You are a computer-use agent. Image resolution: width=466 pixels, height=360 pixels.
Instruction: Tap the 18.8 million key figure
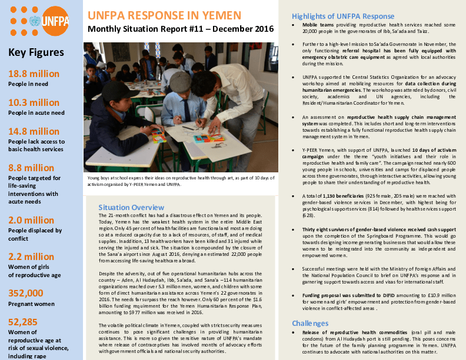tap(34, 74)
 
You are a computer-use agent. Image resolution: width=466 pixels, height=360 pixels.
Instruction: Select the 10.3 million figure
tap(34, 103)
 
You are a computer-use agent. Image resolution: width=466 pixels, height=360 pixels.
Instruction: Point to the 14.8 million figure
tap(34, 131)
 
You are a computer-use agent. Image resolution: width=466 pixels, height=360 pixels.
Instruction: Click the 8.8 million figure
tap(31, 168)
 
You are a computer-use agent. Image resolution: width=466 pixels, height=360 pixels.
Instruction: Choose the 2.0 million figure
tap(31, 220)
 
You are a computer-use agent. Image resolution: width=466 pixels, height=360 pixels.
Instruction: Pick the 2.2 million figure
tap(31, 256)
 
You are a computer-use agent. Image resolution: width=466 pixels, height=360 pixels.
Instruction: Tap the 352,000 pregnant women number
tap(26, 293)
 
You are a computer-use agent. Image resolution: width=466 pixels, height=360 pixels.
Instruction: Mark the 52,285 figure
tap(24, 322)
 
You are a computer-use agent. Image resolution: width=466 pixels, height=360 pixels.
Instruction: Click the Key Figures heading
tap(36, 52)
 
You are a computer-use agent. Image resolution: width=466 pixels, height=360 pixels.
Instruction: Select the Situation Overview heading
tap(131, 207)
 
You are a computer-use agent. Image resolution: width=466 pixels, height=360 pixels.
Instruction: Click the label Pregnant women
tap(31, 304)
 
